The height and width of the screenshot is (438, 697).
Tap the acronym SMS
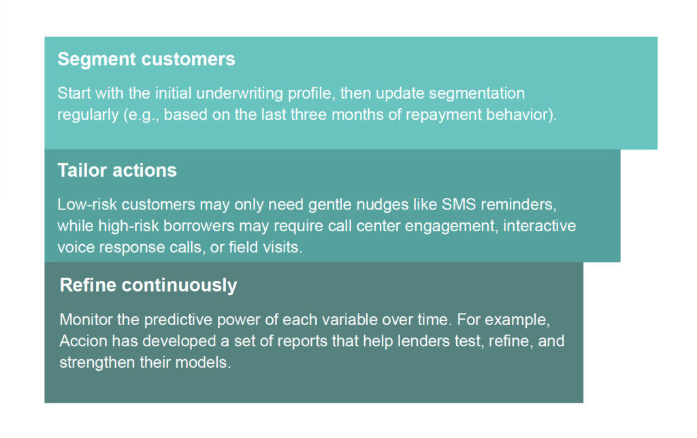[x=459, y=204]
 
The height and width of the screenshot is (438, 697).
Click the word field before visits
[x=243, y=247]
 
